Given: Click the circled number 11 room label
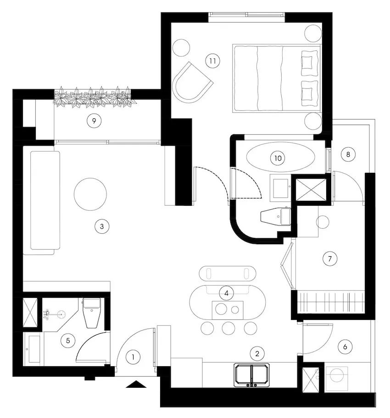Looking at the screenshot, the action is [212, 61].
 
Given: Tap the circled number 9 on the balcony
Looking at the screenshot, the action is [94, 121].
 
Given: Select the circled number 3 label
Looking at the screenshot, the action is [102, 226].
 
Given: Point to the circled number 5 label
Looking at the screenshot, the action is [68, 341].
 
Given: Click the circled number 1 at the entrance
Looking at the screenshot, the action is [133, 357].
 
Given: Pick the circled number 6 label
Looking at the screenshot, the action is [345, 346].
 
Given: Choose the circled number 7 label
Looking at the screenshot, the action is [330, 258].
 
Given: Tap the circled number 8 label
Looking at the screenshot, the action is [348, 154].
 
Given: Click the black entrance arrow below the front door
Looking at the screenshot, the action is [136, 384].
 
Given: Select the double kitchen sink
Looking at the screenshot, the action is [252, 374].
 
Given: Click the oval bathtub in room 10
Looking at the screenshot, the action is [280, 157].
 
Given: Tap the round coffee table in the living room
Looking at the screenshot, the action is [90, 194].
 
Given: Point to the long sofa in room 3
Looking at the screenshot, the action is [45, 200].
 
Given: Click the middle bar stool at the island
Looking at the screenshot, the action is [228, 328].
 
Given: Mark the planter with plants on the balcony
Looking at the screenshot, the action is [95, 97].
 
